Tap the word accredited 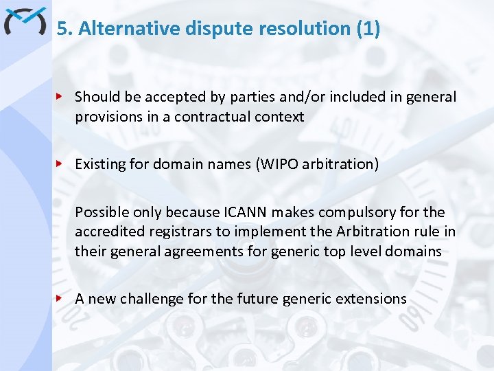pos(106,232)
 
